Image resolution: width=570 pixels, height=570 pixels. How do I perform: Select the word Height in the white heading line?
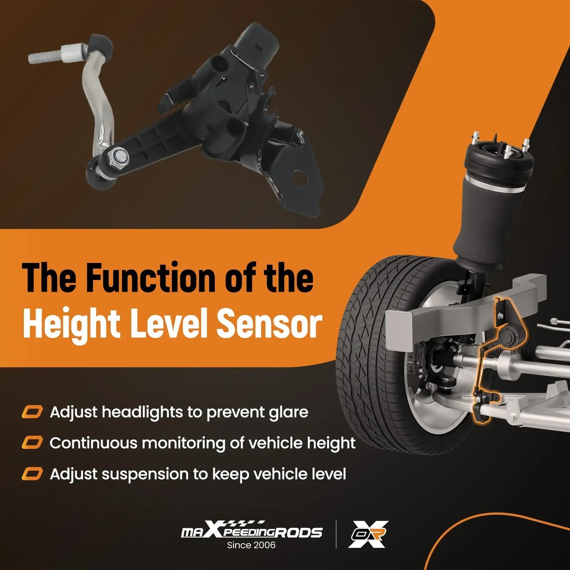pyautogui.click(x=71, y=327)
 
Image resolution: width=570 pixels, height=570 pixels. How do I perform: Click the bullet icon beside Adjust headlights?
pyautogui.click(x=32, y=412)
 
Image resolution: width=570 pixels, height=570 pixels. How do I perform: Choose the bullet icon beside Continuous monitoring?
pyautogui.click(x=32, y=443)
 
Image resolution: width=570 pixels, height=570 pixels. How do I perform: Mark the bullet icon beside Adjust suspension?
pyautogui.click(x=32, y=474)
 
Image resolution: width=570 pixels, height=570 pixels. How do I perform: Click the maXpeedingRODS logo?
pyautogui.click(x=251, y=532)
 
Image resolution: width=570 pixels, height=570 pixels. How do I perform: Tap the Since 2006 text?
pyautogui.click(x=251, y=545)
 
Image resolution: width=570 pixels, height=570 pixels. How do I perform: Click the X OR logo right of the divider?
pyautogui.click(x=368, y=534)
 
